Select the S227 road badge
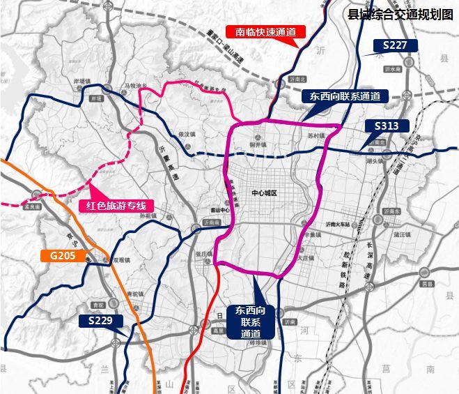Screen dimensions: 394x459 (x=395, y=45)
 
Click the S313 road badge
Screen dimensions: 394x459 (x=386, y=126)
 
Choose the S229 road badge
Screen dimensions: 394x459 (x=100, y=321)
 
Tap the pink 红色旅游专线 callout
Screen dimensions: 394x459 (x=116, y=206)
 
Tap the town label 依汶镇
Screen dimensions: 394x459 (x=187, y=133)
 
